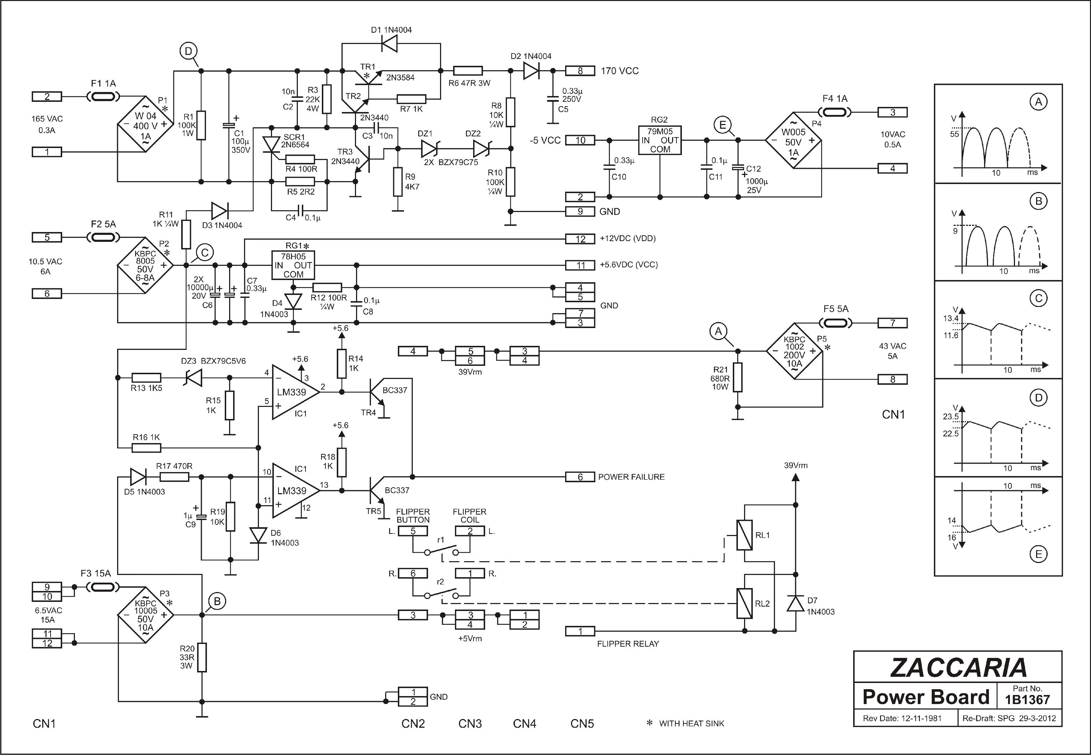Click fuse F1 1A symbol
pos(103,96)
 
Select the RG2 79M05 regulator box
pos(660,140)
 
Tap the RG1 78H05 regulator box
pos(293,265)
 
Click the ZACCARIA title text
pos(959,667)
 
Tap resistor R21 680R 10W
pos(737,377)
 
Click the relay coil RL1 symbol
pos(744,535)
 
